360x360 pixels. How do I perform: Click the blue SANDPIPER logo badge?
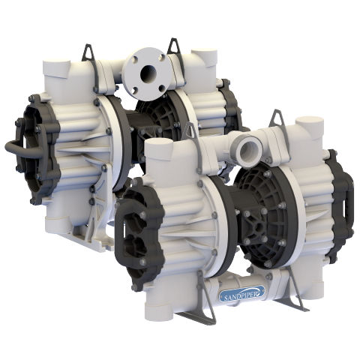(242, 293)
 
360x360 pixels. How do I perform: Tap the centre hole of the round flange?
(148, 73)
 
